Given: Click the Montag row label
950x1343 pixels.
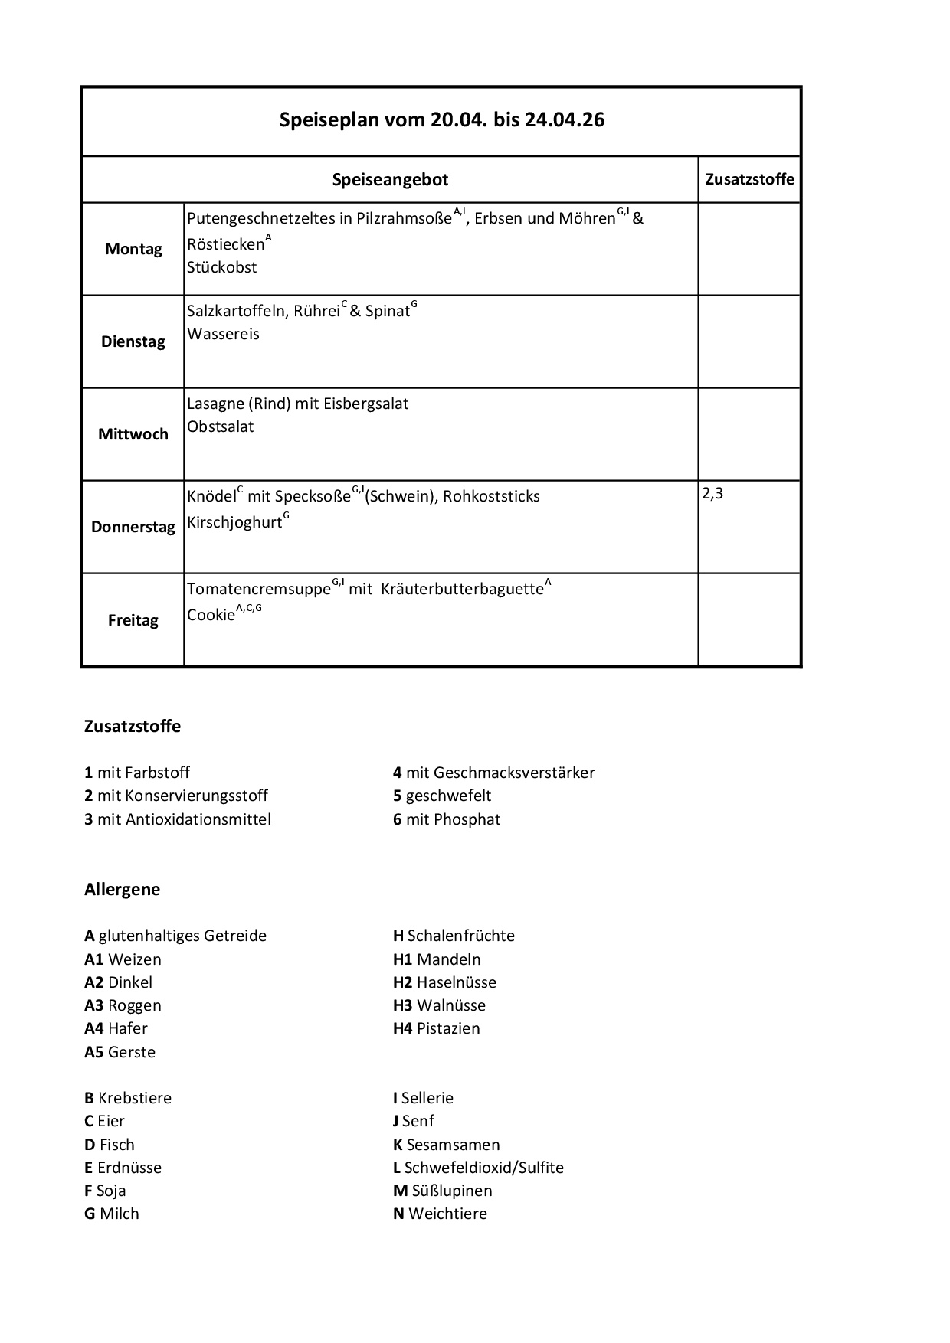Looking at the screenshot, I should click(x=133, y=249).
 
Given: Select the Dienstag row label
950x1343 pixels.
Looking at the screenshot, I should click(x=133, y=341).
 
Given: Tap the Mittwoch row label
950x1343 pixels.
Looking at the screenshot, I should click(x=133, y=434).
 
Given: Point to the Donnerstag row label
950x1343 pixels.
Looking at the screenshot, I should click(x=133, y=527).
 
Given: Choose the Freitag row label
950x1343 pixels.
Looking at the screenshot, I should click(x=133, y=620).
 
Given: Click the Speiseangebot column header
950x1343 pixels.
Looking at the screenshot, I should click(x=390, y=180).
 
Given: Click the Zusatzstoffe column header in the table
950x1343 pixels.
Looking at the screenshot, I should click(x=749, y=179).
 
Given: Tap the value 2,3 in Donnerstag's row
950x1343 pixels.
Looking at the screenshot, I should click(x=712, y=494).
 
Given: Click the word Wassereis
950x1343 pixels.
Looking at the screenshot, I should click(x=223, y=334).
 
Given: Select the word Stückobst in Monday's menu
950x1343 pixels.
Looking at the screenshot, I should click(x=221, y=267).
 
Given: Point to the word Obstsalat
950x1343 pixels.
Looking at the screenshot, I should click(x=220, y=426).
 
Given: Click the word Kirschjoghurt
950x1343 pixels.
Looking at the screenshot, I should click(x=234, y=524).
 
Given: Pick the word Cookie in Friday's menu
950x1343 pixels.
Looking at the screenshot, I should click(x=211, y=615).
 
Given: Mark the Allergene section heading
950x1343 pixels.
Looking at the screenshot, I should click(x=122, y=889).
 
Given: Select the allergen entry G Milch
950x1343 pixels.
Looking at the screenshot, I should click(x=112, y=1214).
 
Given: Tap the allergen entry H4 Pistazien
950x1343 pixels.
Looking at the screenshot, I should click(x=436, y=1028).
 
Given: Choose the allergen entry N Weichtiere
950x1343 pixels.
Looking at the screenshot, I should click(x=440, y=1214).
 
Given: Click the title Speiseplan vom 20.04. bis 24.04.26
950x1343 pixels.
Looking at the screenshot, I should click(x=441, y=120).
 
